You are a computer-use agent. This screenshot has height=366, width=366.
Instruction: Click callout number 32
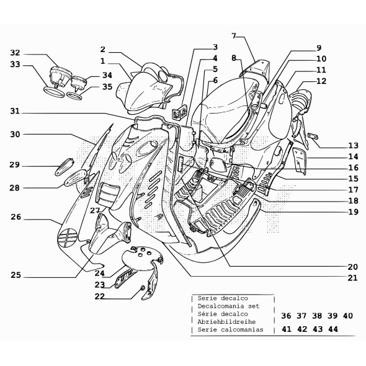click(x=16, y=53)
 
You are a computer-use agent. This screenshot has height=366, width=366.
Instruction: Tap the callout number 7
click(x=234, y=35)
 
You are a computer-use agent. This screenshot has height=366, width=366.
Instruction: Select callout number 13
click(x=353, y=145)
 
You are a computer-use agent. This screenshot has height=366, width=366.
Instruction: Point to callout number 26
click(x=16, y=217)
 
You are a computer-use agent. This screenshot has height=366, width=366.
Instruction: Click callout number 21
click(x=353, y=277)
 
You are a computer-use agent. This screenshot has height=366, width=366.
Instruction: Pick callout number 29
click(x=15, y=165)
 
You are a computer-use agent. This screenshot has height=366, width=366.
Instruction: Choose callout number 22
click(x=100, y=296)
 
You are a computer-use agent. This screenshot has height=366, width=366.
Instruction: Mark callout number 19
click(x=353, y=212)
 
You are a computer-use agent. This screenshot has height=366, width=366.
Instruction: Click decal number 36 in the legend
click(x=286, y=316)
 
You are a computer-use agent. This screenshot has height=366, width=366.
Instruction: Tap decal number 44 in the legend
click(x=333, y=330)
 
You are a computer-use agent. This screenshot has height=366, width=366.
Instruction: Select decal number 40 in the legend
click(x=347, y=316)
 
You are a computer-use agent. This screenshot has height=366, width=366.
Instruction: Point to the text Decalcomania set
click(x=228, y=306)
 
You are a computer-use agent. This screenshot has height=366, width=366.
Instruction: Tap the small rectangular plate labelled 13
click(x=313, y=136)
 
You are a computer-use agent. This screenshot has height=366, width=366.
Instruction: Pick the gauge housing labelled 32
click(x=60, y=78)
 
